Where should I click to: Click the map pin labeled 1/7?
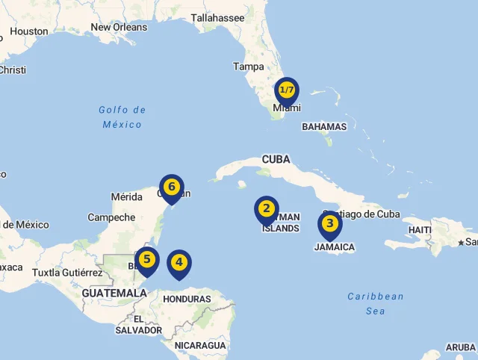[x=286, y=91]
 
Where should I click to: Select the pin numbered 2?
[x=267, y=209]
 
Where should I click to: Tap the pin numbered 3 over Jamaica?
[x=330, y=224]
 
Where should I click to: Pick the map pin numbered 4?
[x=179, y=263]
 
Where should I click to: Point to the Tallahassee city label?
[x=217, y=17]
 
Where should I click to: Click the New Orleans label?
[x=119, y=27]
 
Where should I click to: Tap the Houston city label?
[x=30, y=31]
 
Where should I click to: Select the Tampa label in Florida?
[x=248, y=66]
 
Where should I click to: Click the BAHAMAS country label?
[x=324, y=127]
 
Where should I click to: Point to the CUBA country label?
[x=276, y=159]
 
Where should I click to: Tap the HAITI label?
[x=420, y=229]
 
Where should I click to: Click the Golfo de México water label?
[x=122, y=117]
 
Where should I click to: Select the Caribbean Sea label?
[x=375, y=303]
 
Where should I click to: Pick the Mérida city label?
[x=126, y=197]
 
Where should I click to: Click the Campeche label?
[x=111, y=217]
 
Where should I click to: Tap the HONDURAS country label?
[x=187, y=299]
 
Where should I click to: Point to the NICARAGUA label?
[x=200, y=345]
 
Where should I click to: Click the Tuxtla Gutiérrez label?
[x=67, y=273]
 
